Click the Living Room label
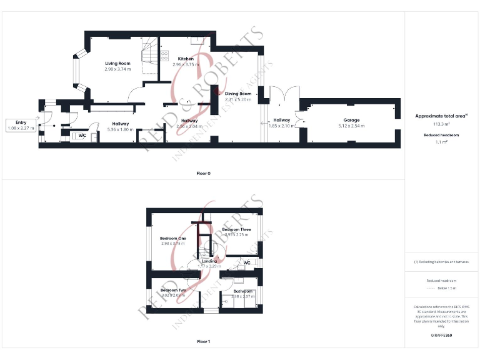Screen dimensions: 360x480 click(117, 63)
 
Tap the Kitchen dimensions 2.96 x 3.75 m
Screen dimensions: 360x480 click(186, 64)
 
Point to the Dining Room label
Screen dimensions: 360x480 click(238, 94)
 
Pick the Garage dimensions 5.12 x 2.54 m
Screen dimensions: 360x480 click(351, 126)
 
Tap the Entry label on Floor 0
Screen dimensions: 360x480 click(21, 122)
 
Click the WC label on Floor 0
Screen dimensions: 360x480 click(82, 135)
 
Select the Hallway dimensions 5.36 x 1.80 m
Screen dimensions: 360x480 click(121, 129)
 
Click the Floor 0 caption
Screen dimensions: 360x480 click(203, 173)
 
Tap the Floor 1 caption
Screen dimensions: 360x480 click(203, 342)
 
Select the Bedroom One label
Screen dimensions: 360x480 click(173, 238)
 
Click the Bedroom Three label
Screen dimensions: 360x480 click(237, 229)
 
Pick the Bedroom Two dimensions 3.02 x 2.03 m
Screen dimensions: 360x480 click(173, 296)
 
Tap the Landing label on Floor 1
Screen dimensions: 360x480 click(209, 261)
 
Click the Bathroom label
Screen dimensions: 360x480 click(243, 291)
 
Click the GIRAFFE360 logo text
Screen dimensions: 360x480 click(442, 336)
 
